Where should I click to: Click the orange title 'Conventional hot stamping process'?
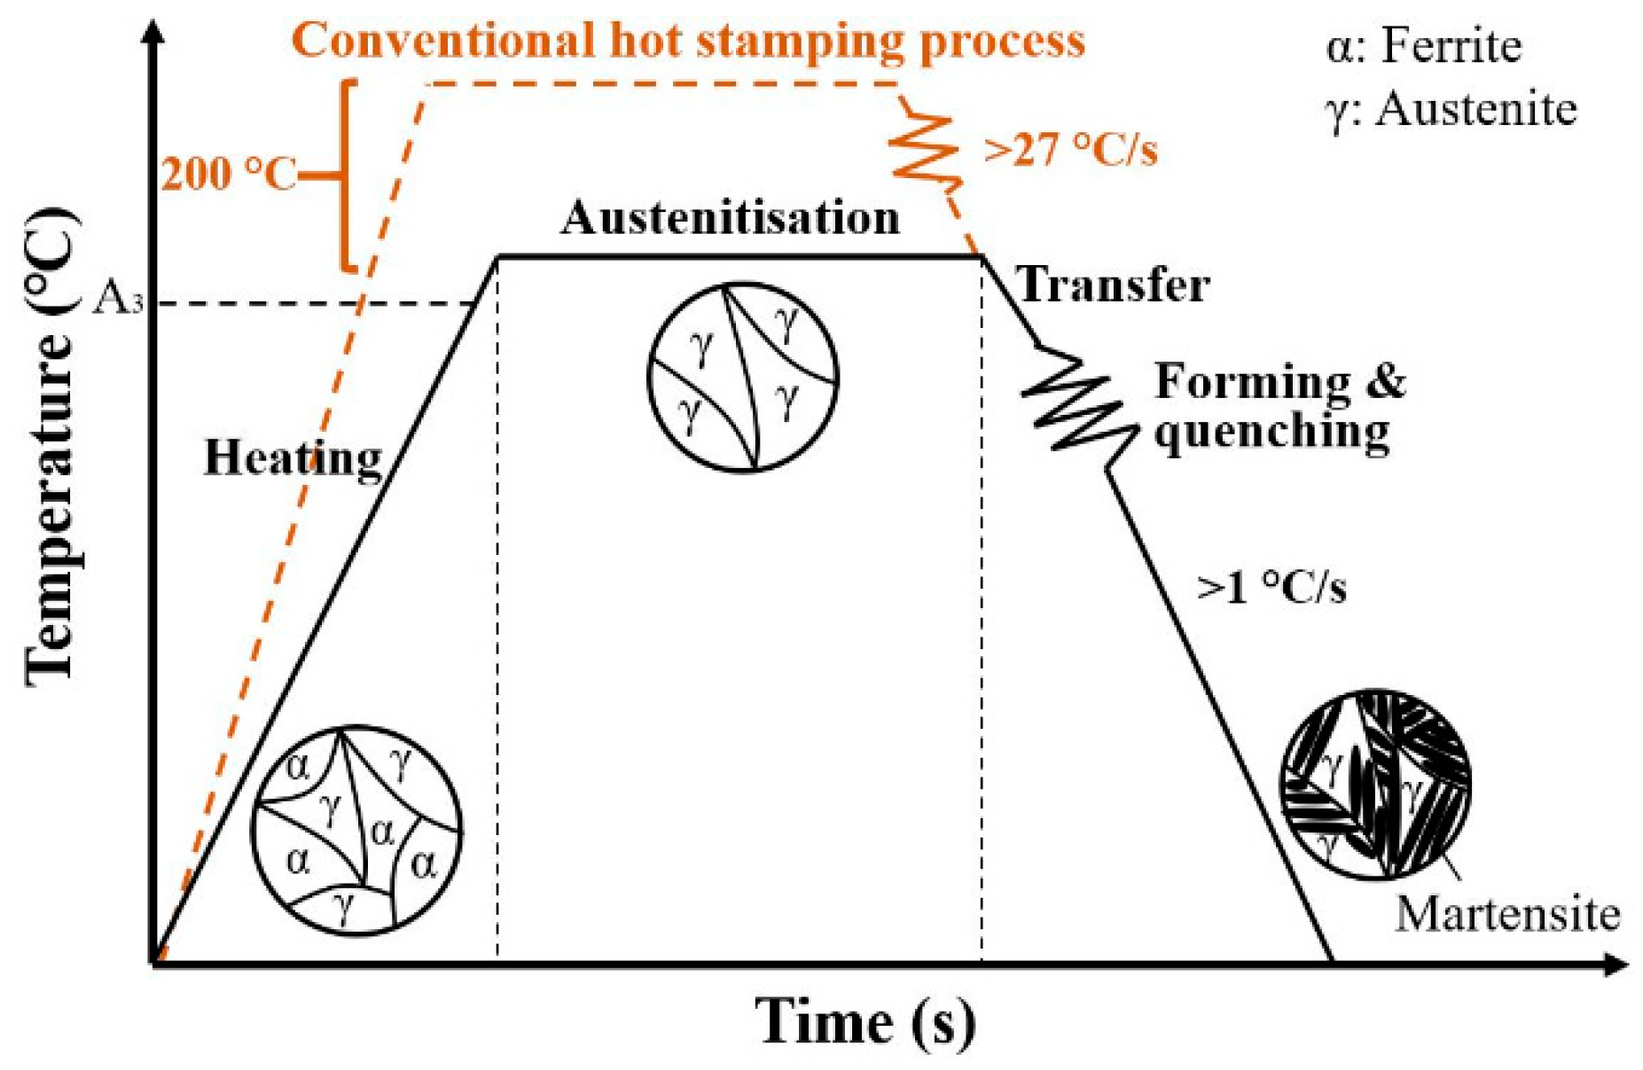(x=688, y=40)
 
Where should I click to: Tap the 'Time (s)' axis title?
(x=865, y=1022)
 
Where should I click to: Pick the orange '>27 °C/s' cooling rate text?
(x=1070, y=149)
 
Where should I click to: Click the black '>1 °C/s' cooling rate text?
(x=1271, y=587)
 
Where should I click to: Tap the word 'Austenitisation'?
(x=730, y=217)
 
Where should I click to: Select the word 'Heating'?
(x=293, y=458)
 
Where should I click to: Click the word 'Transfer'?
(x=1114, y=285)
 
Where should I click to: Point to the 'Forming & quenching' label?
(x=1278, y=407)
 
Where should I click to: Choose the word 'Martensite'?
(x=1507, y=913)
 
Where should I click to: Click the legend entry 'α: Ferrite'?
(x=1423, y=45)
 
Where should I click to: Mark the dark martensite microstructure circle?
(x=1375, y=784)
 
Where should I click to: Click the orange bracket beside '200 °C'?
(x=347, y=175)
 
